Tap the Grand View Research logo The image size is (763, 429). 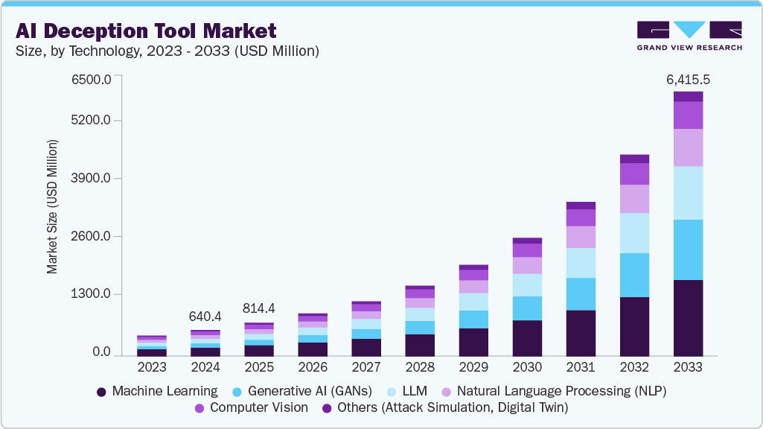[689, 36]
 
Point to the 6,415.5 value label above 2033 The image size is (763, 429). [689, 79]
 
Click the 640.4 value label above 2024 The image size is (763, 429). [205, 317]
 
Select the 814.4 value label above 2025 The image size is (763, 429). [259, 308]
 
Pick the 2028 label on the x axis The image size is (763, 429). [420, 367]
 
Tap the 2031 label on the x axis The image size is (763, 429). [581, 367]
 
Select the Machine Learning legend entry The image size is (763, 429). [157, 390]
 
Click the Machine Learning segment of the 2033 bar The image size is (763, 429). [689, 318]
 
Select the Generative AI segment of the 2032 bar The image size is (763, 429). [634, 275]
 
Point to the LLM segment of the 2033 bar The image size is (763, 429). [689, 193]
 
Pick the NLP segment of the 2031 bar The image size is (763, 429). [581, 237]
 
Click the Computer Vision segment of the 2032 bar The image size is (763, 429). [634, 174]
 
